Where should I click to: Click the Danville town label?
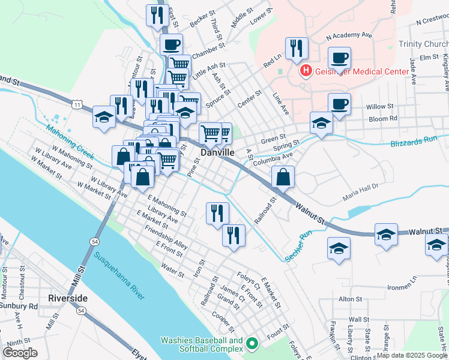pos(217,153)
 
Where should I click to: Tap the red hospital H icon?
pos(306,71)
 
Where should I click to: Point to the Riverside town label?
pos(69,298)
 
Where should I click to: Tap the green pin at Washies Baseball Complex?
pos(252,344)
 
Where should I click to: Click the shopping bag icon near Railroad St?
pos(283,177)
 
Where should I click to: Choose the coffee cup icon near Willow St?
pos(339,103)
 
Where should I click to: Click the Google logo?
pos(20,352)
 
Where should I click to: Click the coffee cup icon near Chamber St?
pos(172,44)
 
